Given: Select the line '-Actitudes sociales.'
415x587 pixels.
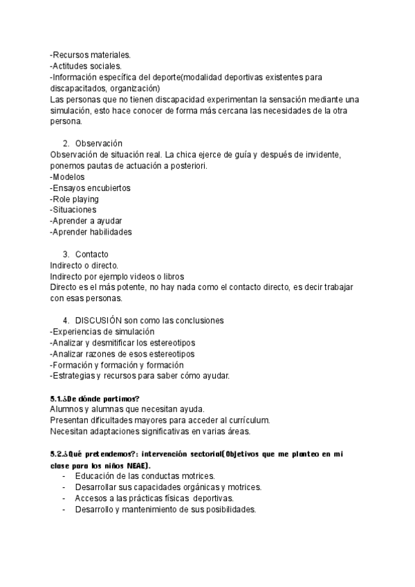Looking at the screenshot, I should (x=86, y=66).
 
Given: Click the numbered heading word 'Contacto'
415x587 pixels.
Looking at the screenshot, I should (x=92, y=254).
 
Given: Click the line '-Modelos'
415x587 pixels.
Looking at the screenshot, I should (x=68, y=177).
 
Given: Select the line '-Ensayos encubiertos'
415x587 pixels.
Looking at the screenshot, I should (x=91, y=188).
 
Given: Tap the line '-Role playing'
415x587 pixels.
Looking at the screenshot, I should (x=75, y=199).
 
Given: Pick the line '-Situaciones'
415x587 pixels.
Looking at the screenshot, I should (x=73, y=210).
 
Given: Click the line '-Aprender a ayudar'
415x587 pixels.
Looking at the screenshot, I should (x=86, y=221).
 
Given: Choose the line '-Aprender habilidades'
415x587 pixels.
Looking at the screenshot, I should (x=91, y=232).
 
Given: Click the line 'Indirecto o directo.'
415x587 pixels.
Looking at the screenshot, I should (x=84, y=265).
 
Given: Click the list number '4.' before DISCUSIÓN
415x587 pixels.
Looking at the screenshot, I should (x=66, y=320).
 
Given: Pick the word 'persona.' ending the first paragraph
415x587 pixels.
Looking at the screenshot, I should (x=66, y=121).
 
